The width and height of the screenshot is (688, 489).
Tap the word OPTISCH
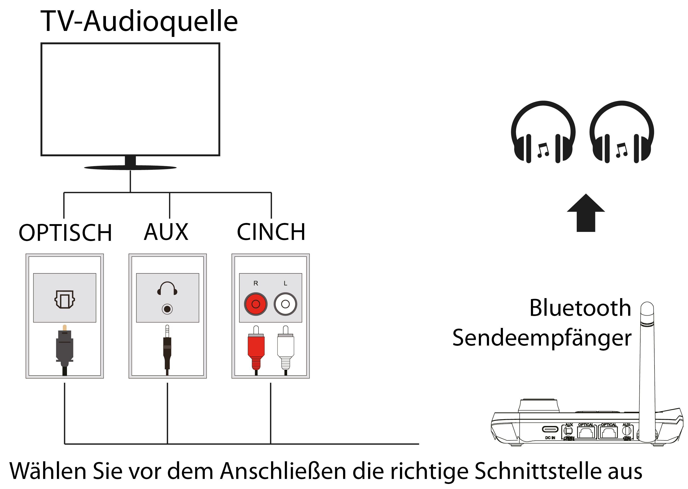[x=65, y=233]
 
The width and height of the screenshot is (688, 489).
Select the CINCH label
[x=271, y=232]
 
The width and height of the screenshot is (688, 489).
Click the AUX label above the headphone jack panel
[x=166, y=232]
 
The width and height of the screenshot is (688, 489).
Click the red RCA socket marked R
[x=255, y=304]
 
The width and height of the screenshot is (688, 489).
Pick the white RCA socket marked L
[x=285, y=304]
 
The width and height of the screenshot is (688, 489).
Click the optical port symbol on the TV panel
[x=64, y=299]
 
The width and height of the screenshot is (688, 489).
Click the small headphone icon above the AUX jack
[x=167, y=288]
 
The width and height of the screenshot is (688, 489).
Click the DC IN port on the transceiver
[x=550, y=429]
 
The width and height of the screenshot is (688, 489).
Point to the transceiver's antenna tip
[x=647, y=307]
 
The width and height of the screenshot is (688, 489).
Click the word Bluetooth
[x=580, y=308]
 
